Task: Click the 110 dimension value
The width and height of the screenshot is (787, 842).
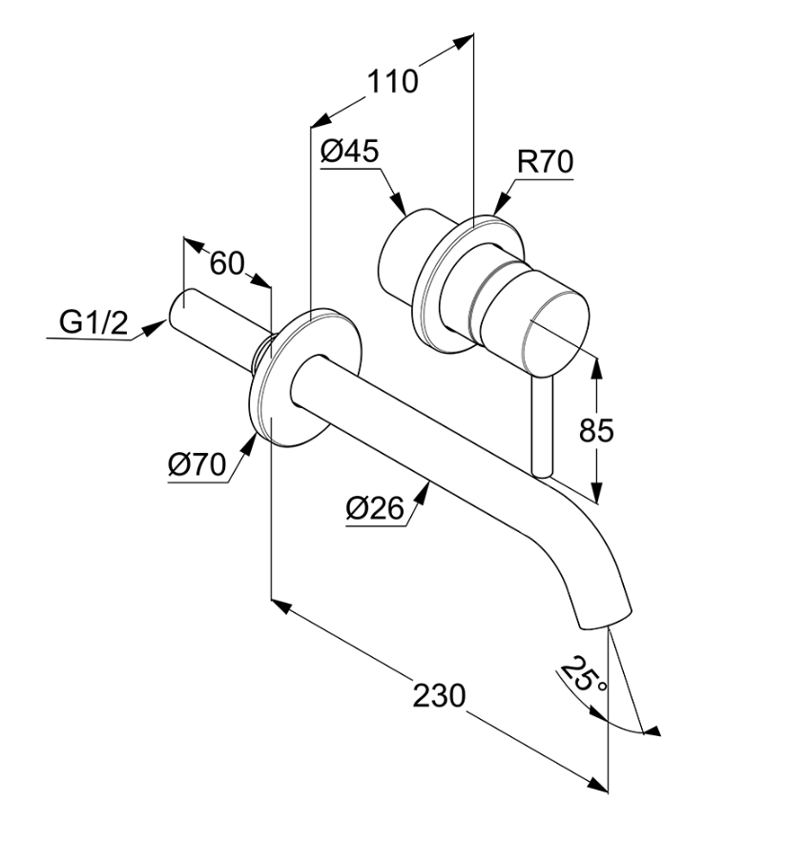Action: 393,82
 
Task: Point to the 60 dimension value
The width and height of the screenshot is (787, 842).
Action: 227,263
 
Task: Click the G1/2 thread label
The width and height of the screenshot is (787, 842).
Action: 93,322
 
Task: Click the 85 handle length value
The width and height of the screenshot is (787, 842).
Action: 597,430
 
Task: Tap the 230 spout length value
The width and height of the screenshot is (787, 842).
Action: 439,694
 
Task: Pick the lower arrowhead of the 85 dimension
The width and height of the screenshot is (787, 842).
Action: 597,496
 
